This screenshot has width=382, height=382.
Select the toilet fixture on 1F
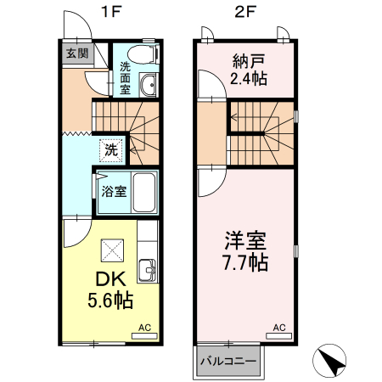pos(144,54)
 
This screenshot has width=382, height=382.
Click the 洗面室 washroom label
pos(125,77)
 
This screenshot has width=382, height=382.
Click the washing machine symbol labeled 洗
pos(111,150)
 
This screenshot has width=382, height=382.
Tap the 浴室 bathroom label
pos(113,190)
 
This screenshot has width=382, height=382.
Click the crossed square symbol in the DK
pos(111,250)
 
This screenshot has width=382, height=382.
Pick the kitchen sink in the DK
pos(148,271)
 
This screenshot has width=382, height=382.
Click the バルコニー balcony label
pos(228,361)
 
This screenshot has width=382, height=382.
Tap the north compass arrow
pos(331,362)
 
